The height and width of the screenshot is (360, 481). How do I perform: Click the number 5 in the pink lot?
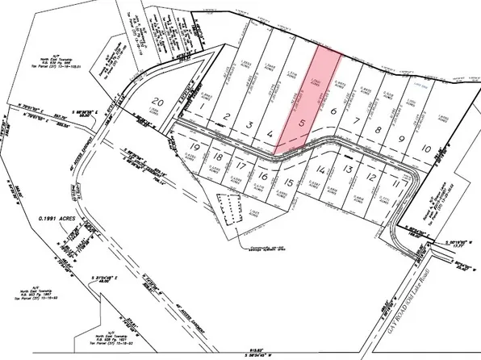coord(302,124)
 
